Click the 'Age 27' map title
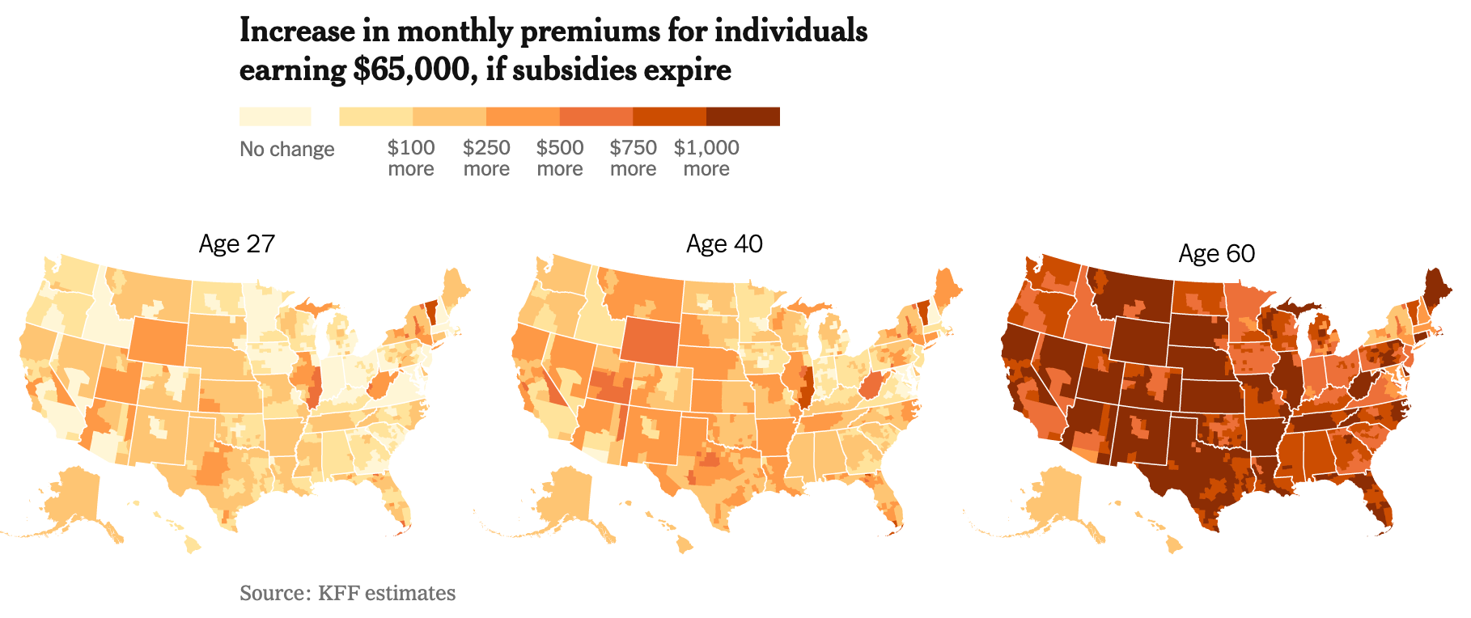point(236,243)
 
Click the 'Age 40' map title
point(724,243)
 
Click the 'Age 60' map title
point(1216,253)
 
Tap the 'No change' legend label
point(286,149)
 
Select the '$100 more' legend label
point(411,158)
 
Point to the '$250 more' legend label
point(486,158)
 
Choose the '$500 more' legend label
point(560,158)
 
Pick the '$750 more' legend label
point(633,158)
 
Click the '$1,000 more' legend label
point(706,158)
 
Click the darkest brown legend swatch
point(743,116)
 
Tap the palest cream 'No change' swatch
point(275,116)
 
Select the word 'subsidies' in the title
point(574,70)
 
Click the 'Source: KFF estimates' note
point(347,593)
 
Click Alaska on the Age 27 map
point(73,497)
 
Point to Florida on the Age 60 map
point(1380,502)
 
